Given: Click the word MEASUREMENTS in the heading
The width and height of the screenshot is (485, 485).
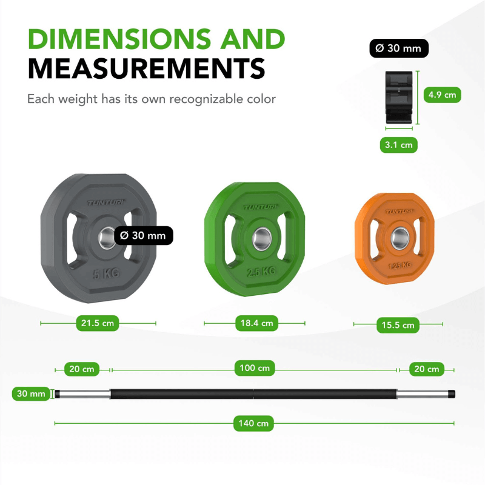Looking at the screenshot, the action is (x=147, y=69).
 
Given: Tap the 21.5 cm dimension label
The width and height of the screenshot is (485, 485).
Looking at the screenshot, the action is (x=98, y=323).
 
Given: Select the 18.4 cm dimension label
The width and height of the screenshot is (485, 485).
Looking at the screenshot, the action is (x=256, y=323).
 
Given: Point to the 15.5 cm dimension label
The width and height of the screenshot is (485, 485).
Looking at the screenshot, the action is (x=398, y=325).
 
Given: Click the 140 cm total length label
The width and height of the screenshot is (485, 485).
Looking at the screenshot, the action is (x=253, y=423).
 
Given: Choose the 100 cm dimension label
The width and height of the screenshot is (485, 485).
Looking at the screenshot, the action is (x=255, y=368).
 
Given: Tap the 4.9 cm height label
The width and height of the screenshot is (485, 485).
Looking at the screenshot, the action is (x=443, y=95).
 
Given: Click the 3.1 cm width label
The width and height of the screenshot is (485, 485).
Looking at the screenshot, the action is (x=399, y=145).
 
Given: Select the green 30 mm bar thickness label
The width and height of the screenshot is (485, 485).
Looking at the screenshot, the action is (x=32, y=393).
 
